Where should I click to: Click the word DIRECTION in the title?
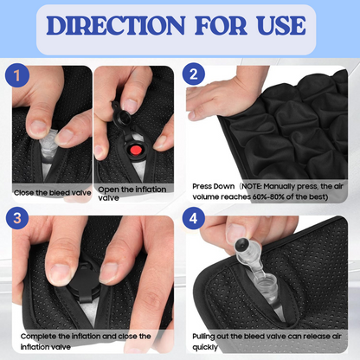pyautogui.click(x=116, y=26)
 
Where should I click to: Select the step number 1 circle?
pyautogui.click(x=17, y=75)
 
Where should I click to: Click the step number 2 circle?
pyautogui.click(x=193, y=74)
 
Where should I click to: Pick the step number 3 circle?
pyautogui.click(x=17, y=217)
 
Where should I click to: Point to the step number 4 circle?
pyautogui.click(x=193, y=218)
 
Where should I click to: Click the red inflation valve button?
pyautogui.click(x=135, y=151)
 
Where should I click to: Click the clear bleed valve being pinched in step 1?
pyautogui.click(x=48, y=146)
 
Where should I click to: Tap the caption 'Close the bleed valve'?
pyautogui.click(x=53, y=193)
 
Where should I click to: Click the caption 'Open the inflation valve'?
pyautogui.click(x=132, y=194)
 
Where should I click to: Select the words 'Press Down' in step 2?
pyautogui.click(x=214, y=186)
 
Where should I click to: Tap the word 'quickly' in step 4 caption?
pyautogui.click(x=205, y=347)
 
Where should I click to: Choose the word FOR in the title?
pyautogui.click(x=221, y=26)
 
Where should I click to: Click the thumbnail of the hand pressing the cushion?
pyautogui.click(x=267, y=134)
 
